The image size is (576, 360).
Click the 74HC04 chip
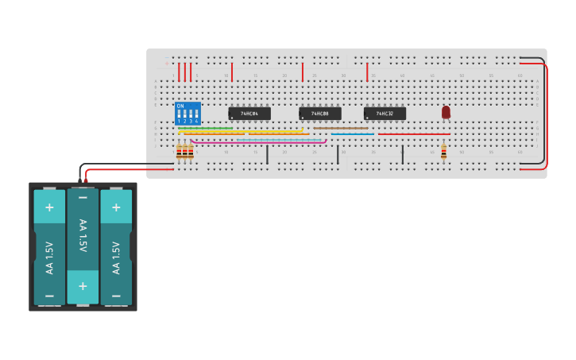click(x=249, y=114)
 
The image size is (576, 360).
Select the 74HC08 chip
click(x=320, y=114)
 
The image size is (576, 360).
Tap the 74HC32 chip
click(x=385, y=114)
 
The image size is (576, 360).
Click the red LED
click(x=446, y=112)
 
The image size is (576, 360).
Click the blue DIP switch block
click(x=187, y=113)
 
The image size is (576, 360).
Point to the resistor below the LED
click(x=443, y=151)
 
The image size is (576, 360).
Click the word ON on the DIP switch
click(x=180, y=106)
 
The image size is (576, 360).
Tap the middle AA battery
click(x=83, y=246)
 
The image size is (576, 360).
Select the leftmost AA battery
click(x=49, y=246)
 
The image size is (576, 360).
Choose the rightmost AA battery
click(x=116, y=246)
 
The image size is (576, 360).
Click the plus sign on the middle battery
click(x=83, y=286)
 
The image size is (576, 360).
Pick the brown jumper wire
click(x=341, y=128)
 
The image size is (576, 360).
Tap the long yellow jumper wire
click(x=246, y=131)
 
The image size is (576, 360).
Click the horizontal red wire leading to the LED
click(x=413, y=134)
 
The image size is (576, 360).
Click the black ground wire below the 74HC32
click(x=403, y=154)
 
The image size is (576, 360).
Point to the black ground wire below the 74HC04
click(x=267, y=154)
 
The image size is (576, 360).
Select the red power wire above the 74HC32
click(x=367, y=72)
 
